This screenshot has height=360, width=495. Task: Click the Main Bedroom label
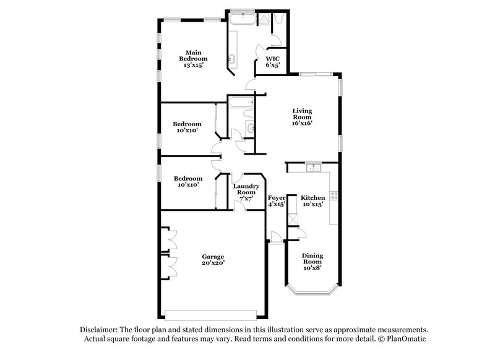pyautogui.click(x=189, y=59)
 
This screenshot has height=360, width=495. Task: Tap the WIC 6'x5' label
pyautogui.click(x=273, y=62)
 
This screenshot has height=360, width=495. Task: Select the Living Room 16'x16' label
pyautogui.click(x=302, y=117)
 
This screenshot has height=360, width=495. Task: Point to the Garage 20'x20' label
pyautogui.click(x=212, y=259)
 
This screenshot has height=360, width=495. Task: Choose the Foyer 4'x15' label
pyautogui.click(x=277, y=201)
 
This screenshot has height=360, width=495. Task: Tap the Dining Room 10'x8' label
pyautogui.click(x=312, y=262)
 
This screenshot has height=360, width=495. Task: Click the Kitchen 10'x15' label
pyautogui.click(x=313, y=201)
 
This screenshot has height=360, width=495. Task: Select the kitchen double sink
pyautogui.click(x=313, y=167)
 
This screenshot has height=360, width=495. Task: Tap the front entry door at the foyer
pyautogui.click(x=275, y=238)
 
